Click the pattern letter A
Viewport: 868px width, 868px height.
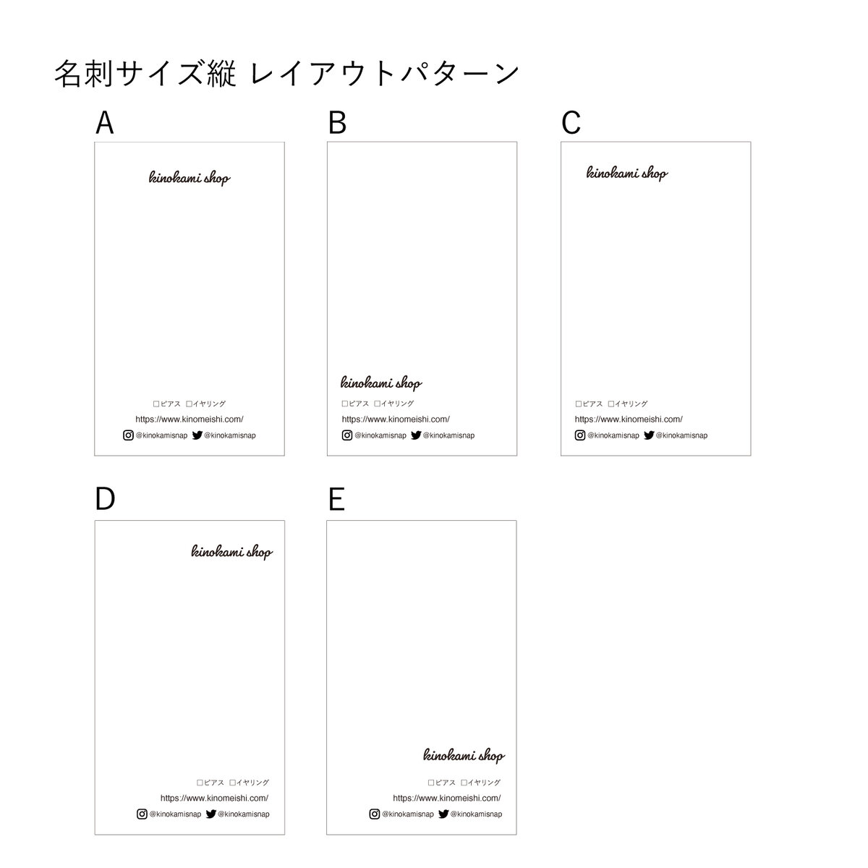tap(104, 122)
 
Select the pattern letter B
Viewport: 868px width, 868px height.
tap(337, 122)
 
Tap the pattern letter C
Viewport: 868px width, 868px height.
tap(571, 122)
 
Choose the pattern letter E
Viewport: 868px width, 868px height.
tap(336, 499)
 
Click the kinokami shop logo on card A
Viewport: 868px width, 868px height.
tap(190, 177)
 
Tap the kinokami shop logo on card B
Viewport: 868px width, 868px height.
tap(381, 383)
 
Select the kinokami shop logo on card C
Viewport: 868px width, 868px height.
tap(627, 173)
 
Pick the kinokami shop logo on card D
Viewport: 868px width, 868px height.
tap(232, 552)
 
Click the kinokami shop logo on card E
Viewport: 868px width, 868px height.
tap(464, 755)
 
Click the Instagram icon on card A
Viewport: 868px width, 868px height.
tap(128, 435)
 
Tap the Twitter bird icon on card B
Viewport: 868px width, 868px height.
tap(416, 435)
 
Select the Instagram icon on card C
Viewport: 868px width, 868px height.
tap(580, 435)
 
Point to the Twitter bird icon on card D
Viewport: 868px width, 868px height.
tap(210, 814)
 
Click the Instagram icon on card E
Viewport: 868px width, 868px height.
tap(374, 814)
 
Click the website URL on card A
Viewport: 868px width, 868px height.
tap(190, 420)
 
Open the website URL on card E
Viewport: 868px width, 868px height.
tap(446, 798)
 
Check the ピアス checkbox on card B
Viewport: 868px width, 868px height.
tap(344, 404)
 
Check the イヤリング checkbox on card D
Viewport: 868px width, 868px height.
tap(232, 783)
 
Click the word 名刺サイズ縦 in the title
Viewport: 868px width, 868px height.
tap(145, 74)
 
